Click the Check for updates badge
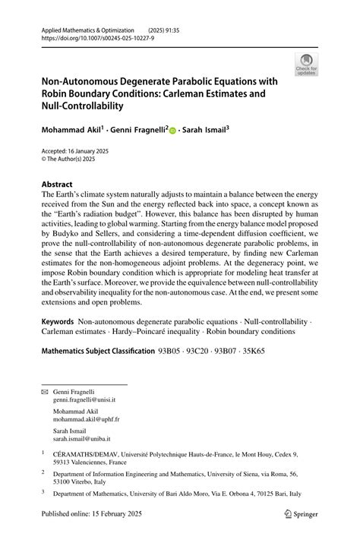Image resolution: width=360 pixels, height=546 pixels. [308, 64]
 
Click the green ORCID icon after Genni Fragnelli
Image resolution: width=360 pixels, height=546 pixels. [172, 131]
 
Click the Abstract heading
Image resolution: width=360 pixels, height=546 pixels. [57, 185]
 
